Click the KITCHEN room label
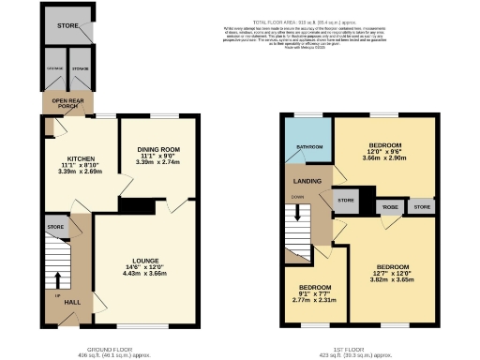73,159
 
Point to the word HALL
71,301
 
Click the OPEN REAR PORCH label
66,103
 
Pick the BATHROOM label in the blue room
309,147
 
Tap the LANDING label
307,181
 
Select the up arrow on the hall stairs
57,278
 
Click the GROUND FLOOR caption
115,348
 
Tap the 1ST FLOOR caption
360,348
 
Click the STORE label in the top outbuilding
66,25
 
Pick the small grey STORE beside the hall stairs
55,227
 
